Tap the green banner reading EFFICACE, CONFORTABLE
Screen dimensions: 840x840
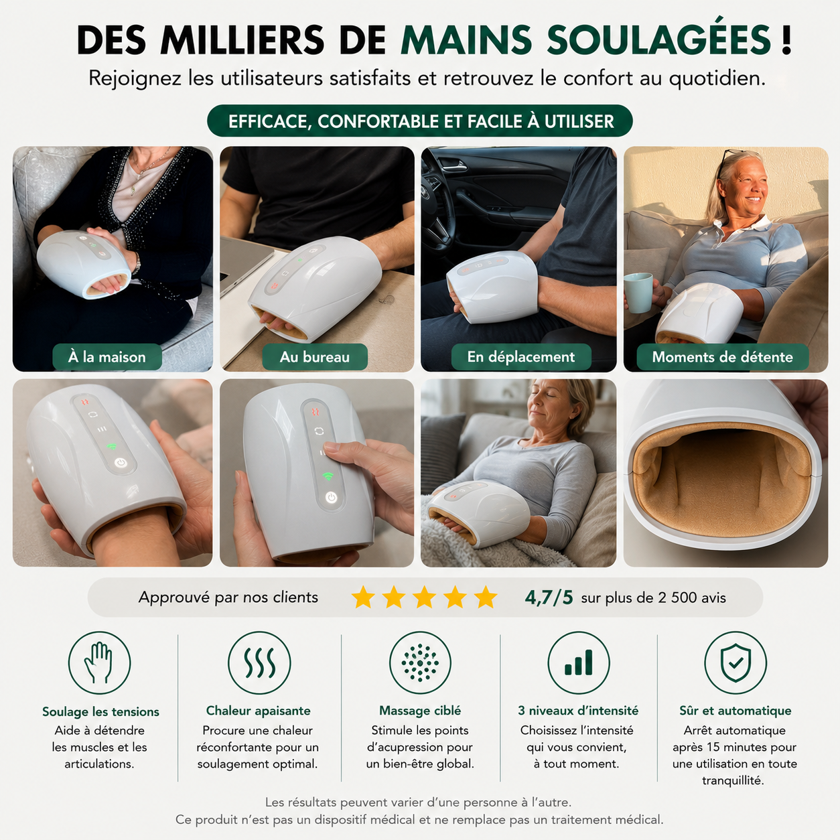(420, 121)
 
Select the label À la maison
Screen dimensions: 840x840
(107, 357)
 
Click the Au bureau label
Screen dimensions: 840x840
(315, 357)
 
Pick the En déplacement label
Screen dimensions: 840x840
(521, 357)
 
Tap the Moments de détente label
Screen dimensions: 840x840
(722, 357)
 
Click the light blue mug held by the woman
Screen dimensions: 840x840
(638, 293)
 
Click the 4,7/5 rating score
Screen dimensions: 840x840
(549, 598)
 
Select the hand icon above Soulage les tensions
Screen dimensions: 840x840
(99, 663)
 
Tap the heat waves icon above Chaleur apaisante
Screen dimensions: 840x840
(259, 663)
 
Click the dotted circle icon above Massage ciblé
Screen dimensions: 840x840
(420, 663)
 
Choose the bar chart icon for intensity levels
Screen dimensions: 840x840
(579, 663)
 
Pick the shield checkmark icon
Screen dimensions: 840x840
(736, 663)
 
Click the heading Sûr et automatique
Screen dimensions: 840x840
(736, 711)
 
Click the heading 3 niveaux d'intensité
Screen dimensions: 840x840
(578, 711)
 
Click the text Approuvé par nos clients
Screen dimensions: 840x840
(228, 598)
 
